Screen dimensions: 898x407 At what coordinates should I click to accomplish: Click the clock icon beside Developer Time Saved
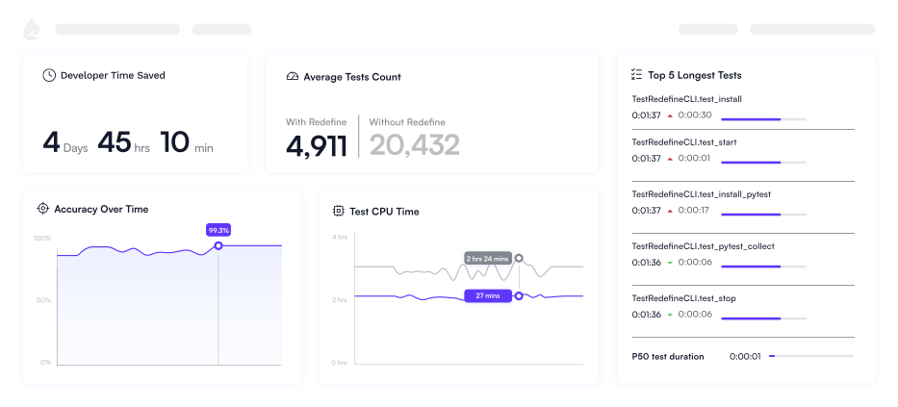(49, 75)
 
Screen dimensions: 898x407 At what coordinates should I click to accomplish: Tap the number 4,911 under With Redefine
(316, 145)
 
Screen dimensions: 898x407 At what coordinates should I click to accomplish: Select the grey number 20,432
(414, 145)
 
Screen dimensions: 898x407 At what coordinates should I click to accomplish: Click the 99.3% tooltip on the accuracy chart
(218, 230)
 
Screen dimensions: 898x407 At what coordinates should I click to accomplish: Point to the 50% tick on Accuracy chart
(43, 300)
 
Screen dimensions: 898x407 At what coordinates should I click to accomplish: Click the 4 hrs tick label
(340, 237)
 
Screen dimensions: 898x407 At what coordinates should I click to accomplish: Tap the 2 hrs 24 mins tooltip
(487, 259)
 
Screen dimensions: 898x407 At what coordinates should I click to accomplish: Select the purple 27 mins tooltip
(487, 296)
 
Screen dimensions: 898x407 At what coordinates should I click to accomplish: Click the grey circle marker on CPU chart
(518, 258)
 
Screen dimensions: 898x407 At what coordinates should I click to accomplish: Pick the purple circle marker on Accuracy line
(218, 245)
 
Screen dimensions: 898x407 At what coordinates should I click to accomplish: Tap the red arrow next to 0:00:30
(670, 115)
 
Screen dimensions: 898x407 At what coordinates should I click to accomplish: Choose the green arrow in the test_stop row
(670, 315)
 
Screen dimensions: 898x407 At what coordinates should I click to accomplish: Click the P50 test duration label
(668, 357)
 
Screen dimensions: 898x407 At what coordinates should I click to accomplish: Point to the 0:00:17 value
(694, 210)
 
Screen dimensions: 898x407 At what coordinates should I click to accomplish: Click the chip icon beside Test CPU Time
(339, 212)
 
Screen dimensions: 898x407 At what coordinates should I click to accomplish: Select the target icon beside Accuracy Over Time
(42, 209)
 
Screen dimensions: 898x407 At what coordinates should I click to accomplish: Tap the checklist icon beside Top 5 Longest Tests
(635, 75)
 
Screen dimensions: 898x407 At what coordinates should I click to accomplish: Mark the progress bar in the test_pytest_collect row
(763, 267)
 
